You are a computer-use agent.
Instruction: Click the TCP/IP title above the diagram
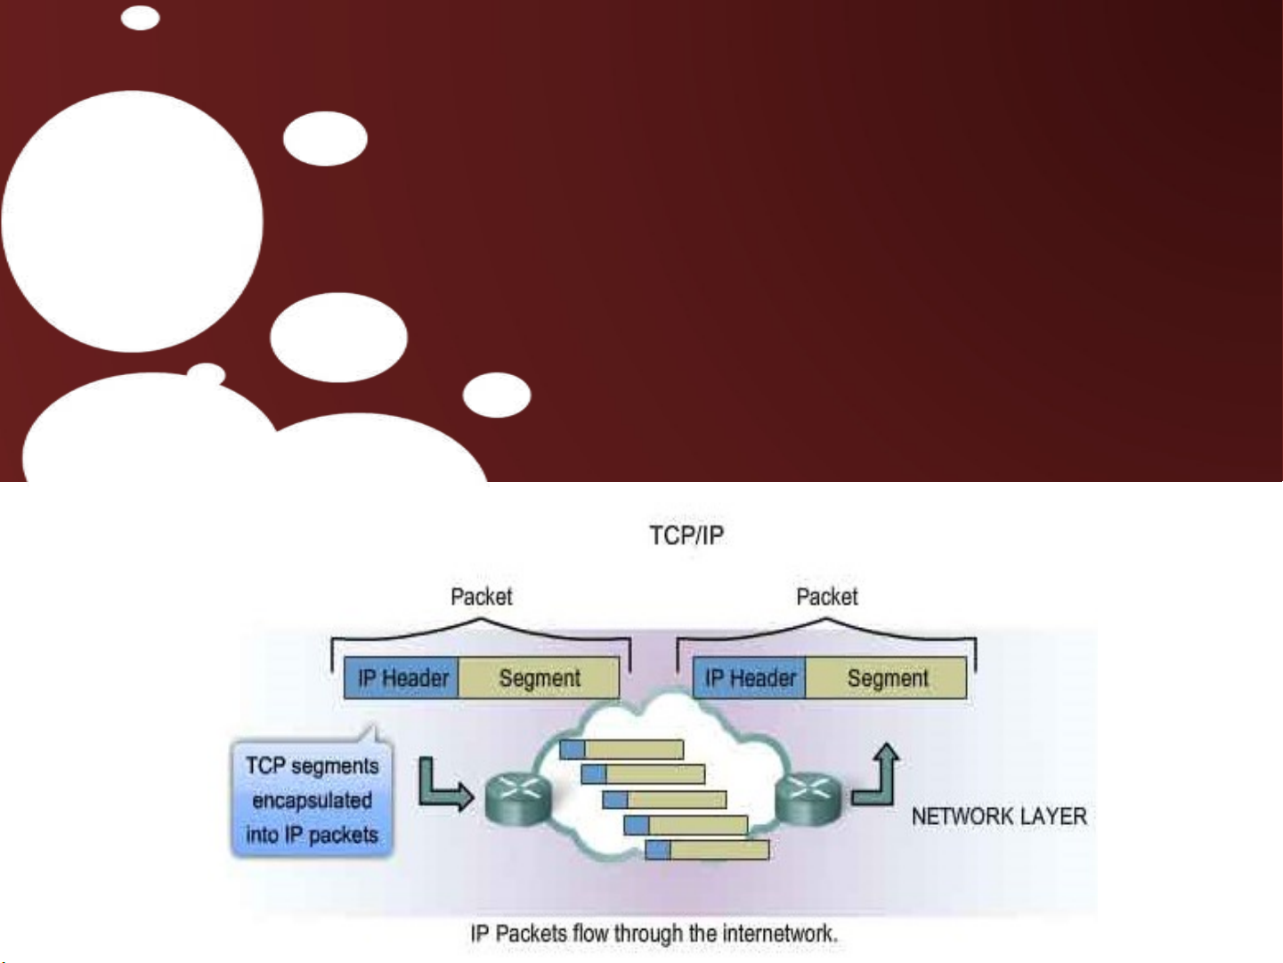click(x=686, y=535)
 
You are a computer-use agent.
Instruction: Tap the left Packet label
click(x=481, y=597)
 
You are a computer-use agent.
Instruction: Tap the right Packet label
click(x=826, y=597)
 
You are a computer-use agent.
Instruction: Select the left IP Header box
click(x=402, y=678)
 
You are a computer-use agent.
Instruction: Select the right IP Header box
click(x=750, y=678)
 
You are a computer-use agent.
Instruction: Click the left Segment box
click(x=540, y=678)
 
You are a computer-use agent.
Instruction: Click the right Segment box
click(x=887, y=678)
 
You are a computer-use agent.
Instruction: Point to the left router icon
click(x=518, y=797)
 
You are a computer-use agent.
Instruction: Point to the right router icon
click(x=808, y=797)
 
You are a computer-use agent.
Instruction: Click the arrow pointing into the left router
click(x=443, y=787)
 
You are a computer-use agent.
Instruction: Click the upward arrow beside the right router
click(x=877, y=775)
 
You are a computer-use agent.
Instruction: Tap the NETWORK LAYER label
click(x=999, y=816)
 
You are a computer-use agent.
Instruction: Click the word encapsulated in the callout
click(x=312, y=800)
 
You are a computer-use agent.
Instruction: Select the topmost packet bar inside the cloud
click(x=621, y=749)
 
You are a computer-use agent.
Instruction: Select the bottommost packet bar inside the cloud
click(x=707, y=850)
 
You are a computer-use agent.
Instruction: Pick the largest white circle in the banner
click(x=132, y=221)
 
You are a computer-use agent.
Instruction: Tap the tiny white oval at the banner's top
click(x=140, y=18)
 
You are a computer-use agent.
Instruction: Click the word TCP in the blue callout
click(x=265, y=766)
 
